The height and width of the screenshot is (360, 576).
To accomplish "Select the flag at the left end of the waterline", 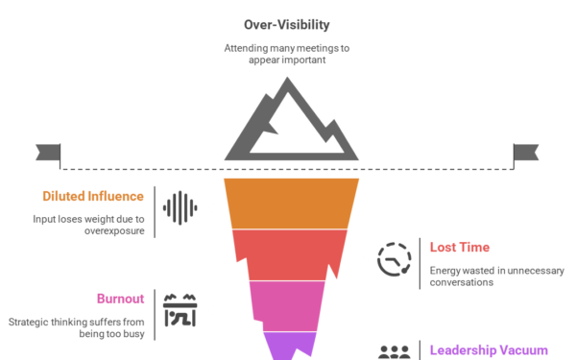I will click(x=47, y=152).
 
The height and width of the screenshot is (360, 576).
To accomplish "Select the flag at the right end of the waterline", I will click(x=526, y=152).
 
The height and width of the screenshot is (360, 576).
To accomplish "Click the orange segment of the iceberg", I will click(x=291, y=203).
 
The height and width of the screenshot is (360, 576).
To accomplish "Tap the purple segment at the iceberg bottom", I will click(x=289, y=344).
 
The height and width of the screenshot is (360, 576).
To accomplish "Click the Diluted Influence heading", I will click(x=93, y=196).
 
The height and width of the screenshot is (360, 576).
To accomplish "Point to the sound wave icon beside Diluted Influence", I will click(x=180, y=207).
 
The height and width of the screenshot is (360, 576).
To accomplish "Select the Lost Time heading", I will click(x=459, y=247).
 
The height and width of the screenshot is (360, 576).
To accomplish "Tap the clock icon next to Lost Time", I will click(x=394, y=259).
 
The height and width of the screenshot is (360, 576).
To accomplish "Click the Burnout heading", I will click(x=121, y=299).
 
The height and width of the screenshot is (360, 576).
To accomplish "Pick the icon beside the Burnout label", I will click(x=180, y=309).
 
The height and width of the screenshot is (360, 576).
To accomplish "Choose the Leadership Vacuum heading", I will click(x=489, y=350).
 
